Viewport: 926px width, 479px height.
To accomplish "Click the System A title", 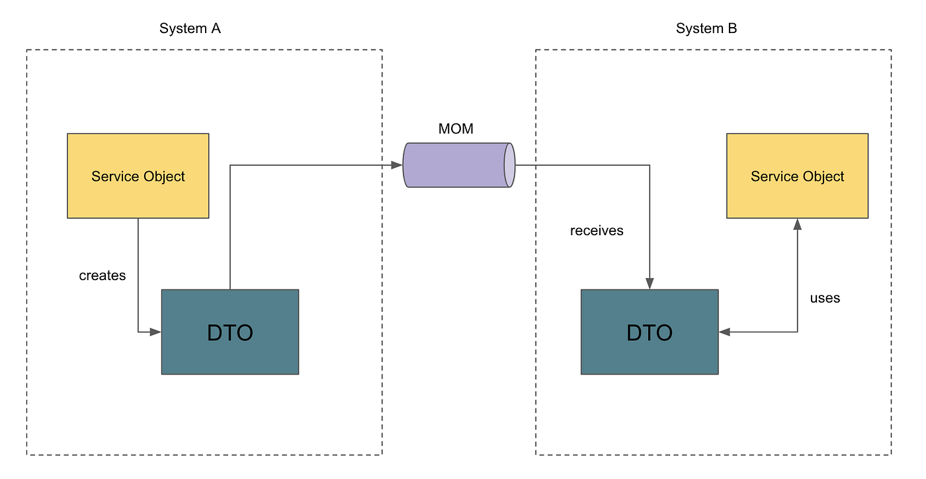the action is tap(190, 28).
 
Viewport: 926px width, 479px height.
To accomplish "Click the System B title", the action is tap(706, 28).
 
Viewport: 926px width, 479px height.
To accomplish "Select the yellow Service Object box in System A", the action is tap(138, 176).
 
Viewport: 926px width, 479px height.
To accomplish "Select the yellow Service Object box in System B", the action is tap(798, 176).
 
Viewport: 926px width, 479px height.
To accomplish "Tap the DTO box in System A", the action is tap(230, 332).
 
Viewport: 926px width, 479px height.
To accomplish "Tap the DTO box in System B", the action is tap(650, 332).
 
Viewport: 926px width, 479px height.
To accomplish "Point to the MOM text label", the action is tap(456, 129).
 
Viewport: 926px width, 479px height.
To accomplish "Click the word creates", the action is tap(103, 276).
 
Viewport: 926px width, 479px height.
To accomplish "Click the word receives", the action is tap(597, 231).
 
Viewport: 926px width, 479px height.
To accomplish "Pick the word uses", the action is tap(825, 298).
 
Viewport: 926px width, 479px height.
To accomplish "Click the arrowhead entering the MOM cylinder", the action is tap(397, 165).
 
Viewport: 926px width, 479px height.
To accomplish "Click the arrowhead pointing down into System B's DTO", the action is tap(650, 283).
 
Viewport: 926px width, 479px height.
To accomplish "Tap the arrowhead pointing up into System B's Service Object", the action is tap(798, 224).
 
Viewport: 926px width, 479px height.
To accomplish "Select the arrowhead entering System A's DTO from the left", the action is tap(155, 332).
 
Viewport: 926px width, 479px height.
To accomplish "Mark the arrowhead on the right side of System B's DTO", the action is tap(724, 332).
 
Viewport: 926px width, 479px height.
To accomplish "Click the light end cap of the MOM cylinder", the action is tap(510, 165).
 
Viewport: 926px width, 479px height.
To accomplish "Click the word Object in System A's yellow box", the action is tap(164, 177).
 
